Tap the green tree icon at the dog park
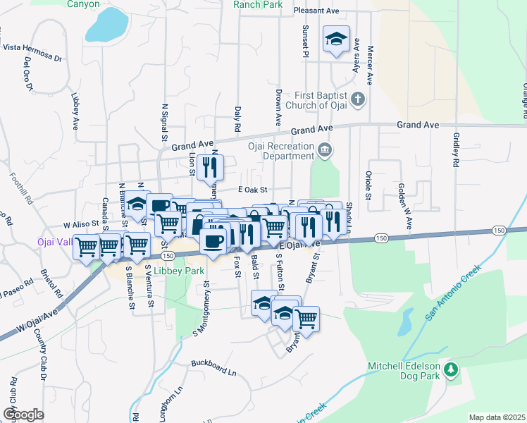point(451,369)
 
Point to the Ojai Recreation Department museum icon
point(324,149)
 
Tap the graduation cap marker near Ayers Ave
point(336,39)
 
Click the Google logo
point(23,415)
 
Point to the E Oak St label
point(254,190)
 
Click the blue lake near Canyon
point(106,25)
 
